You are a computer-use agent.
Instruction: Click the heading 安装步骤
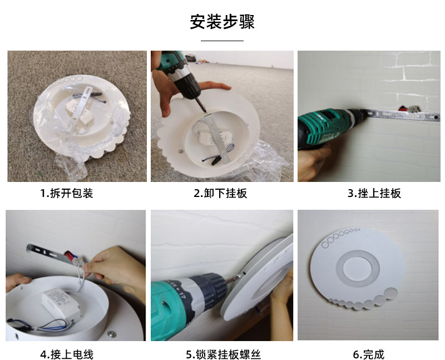point(222,22)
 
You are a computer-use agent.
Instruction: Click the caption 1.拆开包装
point(66,193)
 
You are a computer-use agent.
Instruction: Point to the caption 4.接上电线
point(66,354)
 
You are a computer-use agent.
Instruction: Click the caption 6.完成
point(369,354)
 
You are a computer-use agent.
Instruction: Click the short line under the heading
point(222,41)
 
